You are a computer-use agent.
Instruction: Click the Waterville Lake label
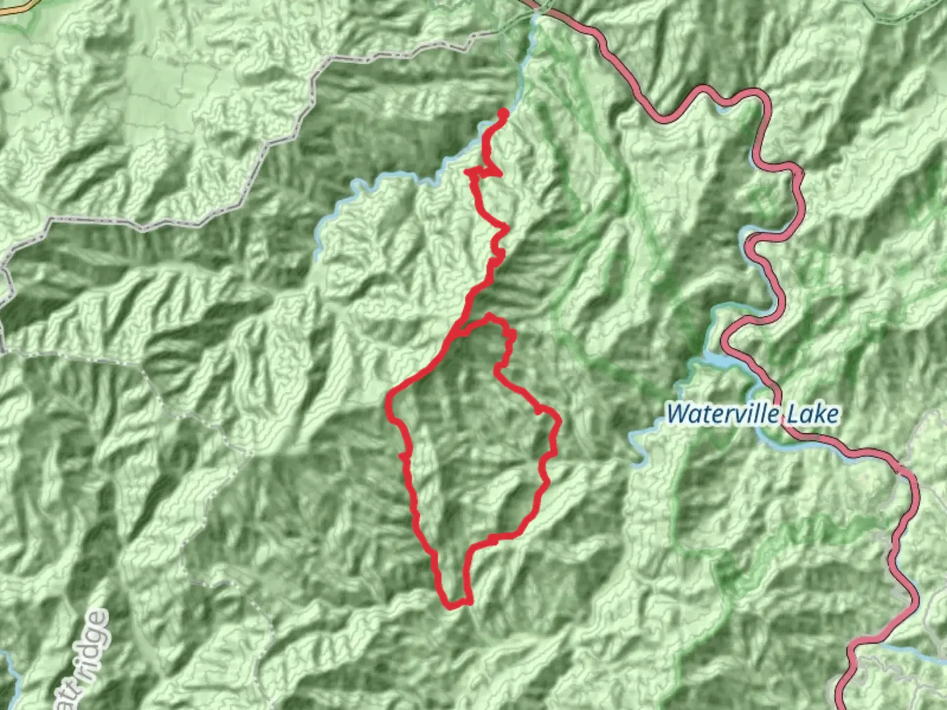point(753,414)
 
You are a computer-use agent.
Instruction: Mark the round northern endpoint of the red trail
point(504,113)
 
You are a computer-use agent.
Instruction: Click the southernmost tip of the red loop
point(450,606)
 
